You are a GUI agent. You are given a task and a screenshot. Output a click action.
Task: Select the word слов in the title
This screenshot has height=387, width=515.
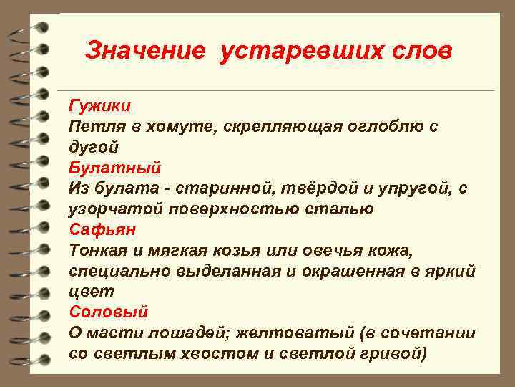tap(418, 52)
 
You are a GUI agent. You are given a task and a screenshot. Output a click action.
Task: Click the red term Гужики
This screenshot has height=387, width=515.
tap(99, 106)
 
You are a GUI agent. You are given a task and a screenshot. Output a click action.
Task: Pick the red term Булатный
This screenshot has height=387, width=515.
tap(115, 168)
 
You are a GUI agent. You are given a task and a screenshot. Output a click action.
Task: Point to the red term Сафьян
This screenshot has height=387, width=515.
tap(102, 230)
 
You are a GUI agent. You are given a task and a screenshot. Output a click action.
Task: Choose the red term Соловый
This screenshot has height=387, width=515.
tap(108, 312)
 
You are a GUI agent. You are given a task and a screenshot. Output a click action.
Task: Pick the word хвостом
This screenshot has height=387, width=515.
tap(212, 354)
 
